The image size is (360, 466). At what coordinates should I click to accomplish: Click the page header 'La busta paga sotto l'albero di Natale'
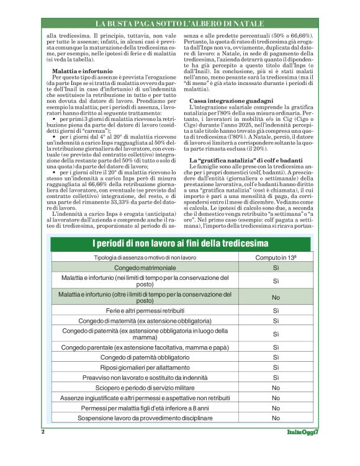[x=180, y=24]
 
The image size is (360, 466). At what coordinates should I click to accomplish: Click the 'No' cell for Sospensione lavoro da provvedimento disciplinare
[x=276, y=419]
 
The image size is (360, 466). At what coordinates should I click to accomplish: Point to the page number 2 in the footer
[x=43, y=431]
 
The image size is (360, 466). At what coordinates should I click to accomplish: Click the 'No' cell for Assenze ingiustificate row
[x=276, y=397]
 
